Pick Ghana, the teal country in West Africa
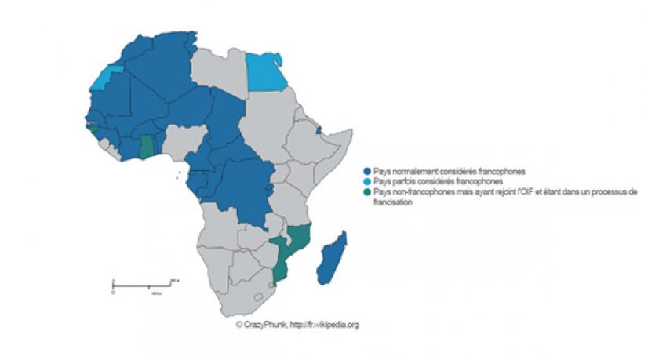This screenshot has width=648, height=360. [147, 146]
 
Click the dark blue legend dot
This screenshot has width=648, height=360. [366, 170]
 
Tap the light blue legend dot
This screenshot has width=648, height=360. [366, 180]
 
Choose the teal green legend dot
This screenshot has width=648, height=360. [366, 191]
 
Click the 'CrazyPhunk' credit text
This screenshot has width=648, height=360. [264, 324]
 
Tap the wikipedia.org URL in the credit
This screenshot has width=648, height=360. [329, 324]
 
